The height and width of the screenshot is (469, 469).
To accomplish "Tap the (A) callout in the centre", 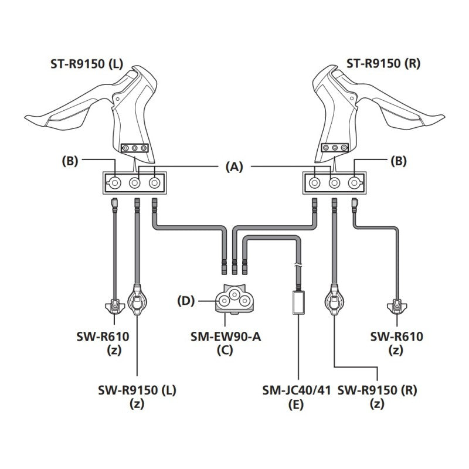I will pos(235,166).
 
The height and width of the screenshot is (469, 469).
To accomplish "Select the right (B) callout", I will pos(399,159).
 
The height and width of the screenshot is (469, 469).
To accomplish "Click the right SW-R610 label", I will pos(397,337).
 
